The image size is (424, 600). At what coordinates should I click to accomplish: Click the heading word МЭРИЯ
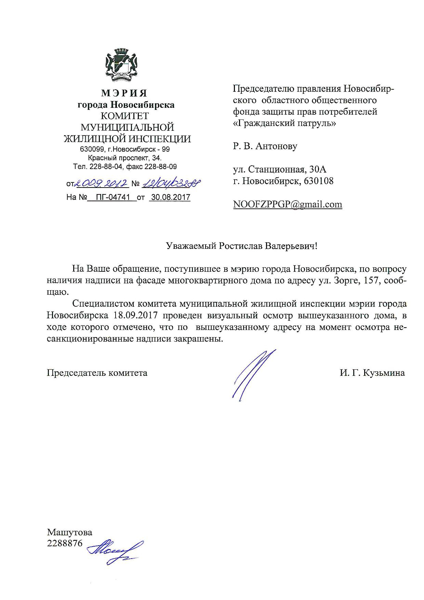124,93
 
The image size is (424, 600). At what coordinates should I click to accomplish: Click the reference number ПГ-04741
112,197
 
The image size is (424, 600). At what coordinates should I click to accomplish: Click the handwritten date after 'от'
102,184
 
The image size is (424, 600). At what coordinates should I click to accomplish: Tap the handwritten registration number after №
171,184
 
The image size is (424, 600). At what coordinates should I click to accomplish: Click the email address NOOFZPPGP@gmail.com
287,204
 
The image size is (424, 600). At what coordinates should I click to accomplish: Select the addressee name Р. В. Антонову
265,146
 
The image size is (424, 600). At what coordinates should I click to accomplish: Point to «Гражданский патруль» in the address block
284,123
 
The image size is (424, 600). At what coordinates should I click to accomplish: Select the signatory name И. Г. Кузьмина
372,373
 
